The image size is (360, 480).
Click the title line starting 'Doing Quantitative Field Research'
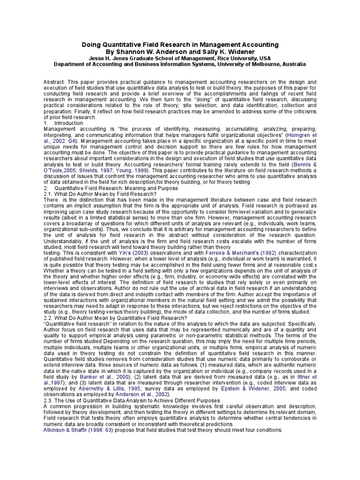pos(180,45)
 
